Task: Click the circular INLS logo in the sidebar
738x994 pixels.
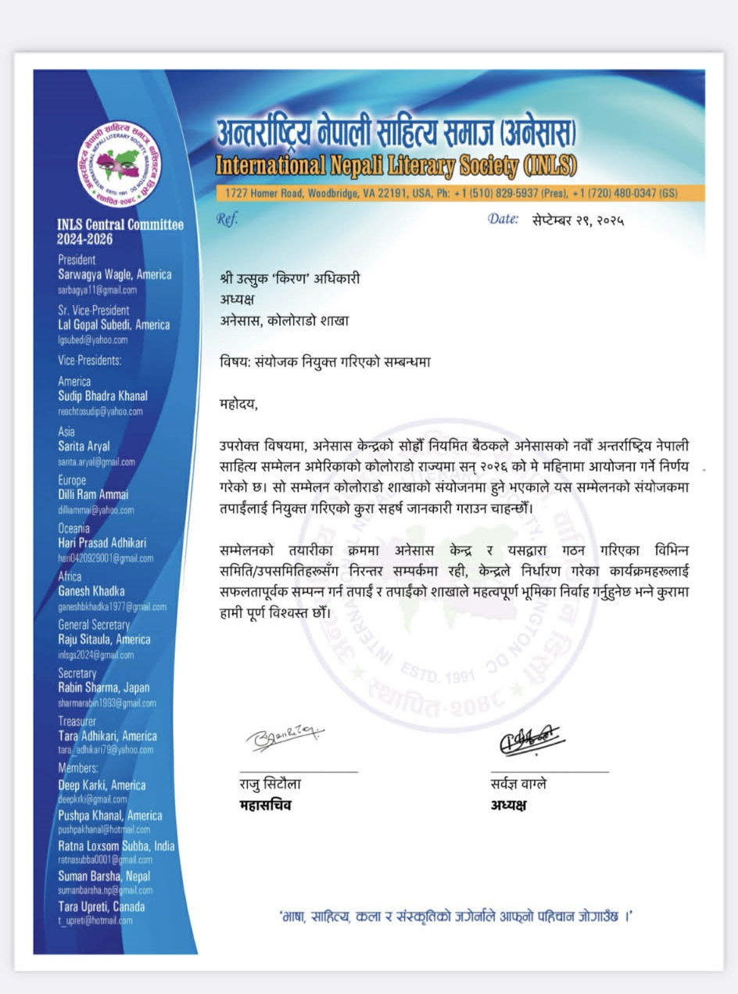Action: [119, 164]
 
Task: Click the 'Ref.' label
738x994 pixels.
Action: [227, 220]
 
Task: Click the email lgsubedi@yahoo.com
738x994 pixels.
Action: [92, 339]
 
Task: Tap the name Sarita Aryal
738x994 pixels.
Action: [84, 447]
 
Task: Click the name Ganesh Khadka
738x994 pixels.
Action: [91, 591]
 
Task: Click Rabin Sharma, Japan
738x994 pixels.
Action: [103, 688]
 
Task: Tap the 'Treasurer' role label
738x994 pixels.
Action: [77, 721]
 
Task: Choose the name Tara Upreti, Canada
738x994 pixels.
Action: [102, 907]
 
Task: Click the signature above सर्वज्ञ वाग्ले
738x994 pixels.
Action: [530, 741]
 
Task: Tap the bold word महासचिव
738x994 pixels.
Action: [265, 805]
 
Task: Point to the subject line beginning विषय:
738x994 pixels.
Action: [325, 362]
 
